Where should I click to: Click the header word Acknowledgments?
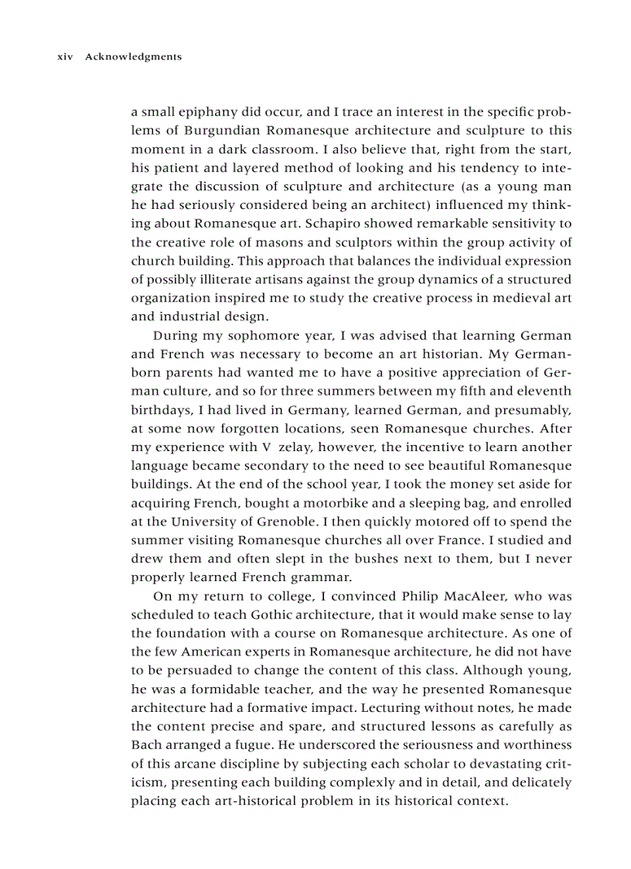133,56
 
